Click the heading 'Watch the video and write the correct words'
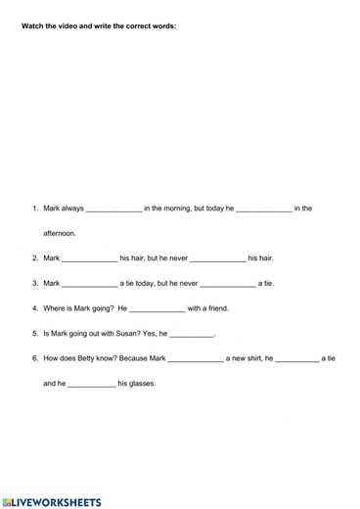[99, 26]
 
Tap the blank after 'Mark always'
[114, 208]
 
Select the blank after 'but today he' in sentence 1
[264, 208]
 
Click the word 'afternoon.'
[60, 234]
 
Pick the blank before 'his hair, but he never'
[90, 259]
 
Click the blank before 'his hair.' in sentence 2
[217, 259]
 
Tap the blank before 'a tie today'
[90, 284]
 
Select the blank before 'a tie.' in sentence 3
[228, 284]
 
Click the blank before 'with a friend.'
[157, 309]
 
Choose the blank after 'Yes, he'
[192, 334]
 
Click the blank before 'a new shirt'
[196, 359]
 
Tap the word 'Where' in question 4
[55, 309]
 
